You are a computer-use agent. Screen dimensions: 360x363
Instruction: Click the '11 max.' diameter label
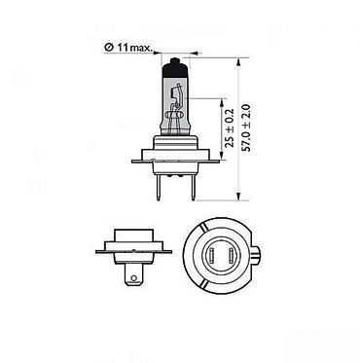click(135, 48)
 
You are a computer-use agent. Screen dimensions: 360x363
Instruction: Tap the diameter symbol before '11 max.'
click(109, 48)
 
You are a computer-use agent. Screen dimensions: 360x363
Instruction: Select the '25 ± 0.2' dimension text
click(230, 127)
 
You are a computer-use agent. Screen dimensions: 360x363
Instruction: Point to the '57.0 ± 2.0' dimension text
click(247, 127)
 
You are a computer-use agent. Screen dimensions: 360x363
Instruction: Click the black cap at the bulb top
click(175, 67)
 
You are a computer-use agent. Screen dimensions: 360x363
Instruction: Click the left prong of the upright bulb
click(159, 187)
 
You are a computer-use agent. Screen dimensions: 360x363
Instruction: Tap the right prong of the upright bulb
click(194, 187)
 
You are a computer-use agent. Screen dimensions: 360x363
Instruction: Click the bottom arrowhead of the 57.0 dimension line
click(238, 196)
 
